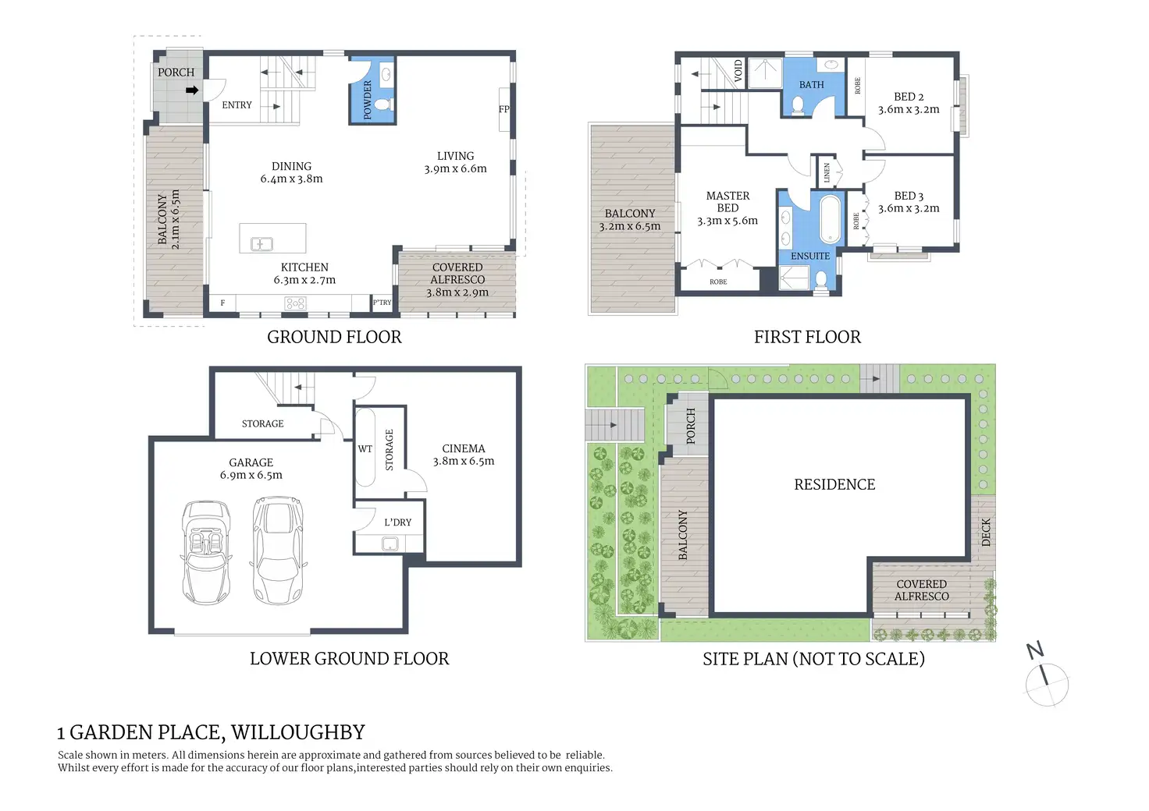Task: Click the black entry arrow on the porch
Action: click(192, 90)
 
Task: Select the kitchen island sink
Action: click(261, 244)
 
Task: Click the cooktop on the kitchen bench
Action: click(296, 304)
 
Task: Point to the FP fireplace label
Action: click(503, 109)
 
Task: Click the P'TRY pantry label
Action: click(382, 303)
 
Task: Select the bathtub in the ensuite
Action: click(830, 219)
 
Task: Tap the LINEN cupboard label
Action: click(827, 172)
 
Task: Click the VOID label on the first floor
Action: click(738, 71)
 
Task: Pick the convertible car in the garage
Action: click(206, 552)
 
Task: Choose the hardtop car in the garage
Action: click(279, 550)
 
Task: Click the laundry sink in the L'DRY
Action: click(390, 544)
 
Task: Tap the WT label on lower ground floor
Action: click(365, 449)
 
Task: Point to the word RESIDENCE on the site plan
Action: click(834, 485)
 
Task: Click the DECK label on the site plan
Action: click(985, 533)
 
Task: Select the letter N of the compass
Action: click(1035, 650)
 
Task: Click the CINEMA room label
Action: click(463, 448)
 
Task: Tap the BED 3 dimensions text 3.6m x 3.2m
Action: click(909, 208)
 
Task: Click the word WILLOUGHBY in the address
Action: click(297, 732)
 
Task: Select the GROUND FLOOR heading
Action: click(334, 337)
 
